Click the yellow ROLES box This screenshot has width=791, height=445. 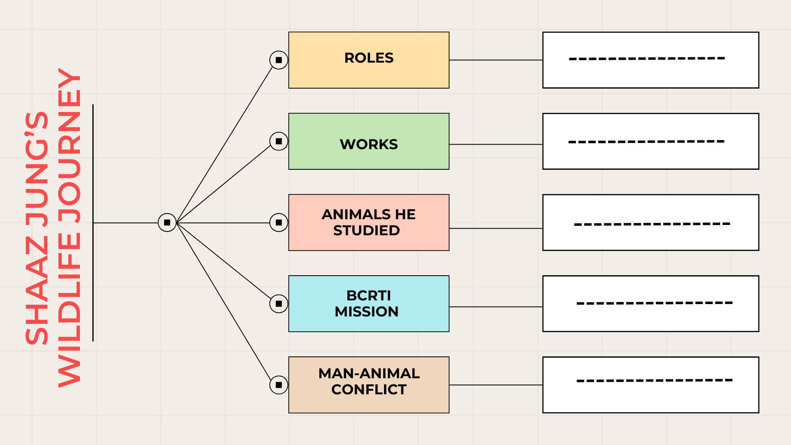[x=369, y=60]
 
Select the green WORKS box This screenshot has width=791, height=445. [x=369, y=141]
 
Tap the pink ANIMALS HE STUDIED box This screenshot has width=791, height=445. [x=369, y=222]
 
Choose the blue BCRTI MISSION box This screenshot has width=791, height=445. [x=369, y=304]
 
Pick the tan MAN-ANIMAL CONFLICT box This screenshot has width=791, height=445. [x=369, y=385]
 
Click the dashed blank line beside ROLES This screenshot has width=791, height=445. [x=647, y=59]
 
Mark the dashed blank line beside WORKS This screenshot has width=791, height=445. [x=646, y=142]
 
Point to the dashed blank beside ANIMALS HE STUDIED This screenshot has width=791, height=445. [x=652, y=224]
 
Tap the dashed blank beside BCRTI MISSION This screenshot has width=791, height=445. [x=655, y=303]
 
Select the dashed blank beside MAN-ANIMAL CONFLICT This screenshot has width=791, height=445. [x=655, y=380]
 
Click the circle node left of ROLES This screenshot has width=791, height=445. [x=279, y=60]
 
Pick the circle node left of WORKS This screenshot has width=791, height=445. [x=279, y=141]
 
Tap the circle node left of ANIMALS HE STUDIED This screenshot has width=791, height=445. [x=279, y=222]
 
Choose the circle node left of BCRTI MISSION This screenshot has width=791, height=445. [x=279, y=304]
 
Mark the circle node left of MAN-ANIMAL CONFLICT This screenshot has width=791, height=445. [x=279, y=385]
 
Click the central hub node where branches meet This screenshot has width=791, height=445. [x=167, y=222]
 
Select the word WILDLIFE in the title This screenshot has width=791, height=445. [x=69, y=310]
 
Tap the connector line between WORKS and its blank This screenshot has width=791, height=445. [x=496, y=144]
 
